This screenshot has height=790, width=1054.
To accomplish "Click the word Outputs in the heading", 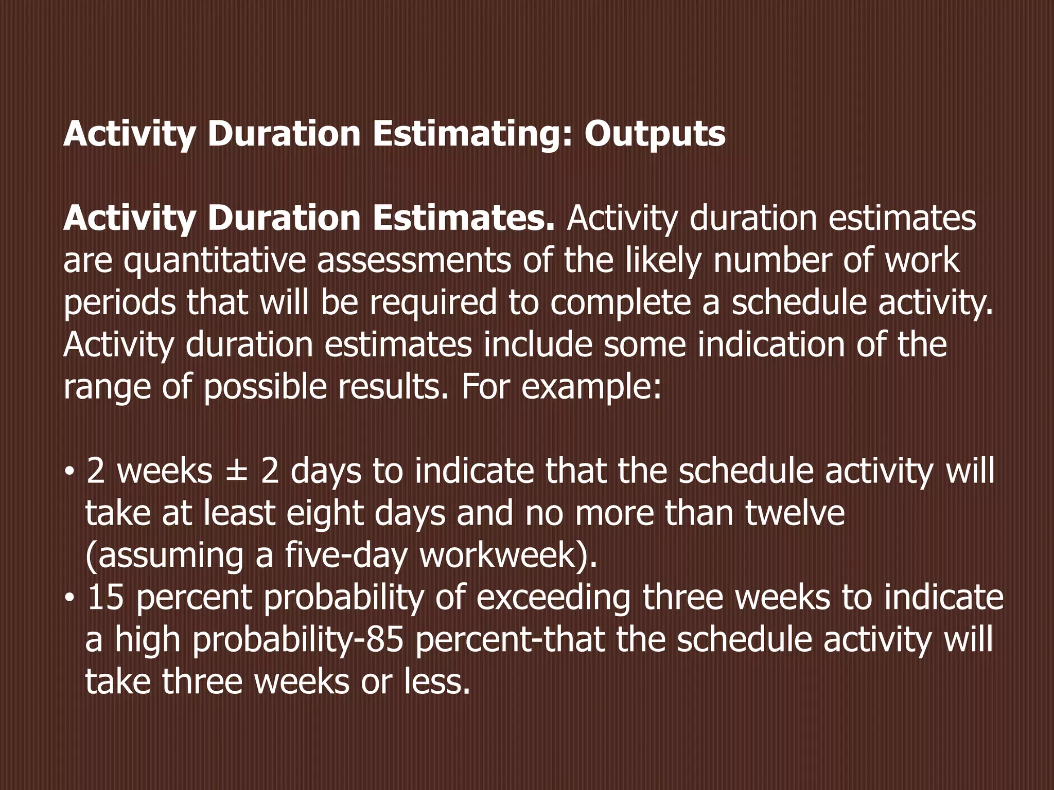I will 655,135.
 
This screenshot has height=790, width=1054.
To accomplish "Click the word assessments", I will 414,260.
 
